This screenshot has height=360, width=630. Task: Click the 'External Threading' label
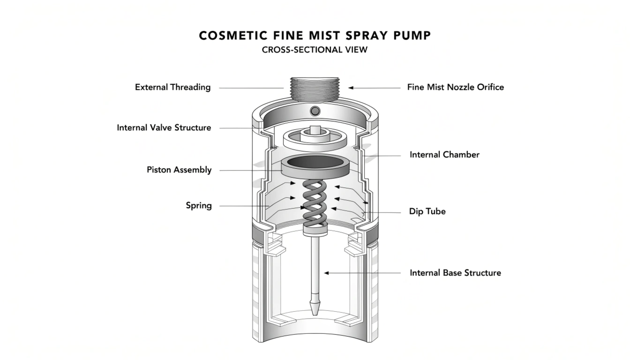[172, 87]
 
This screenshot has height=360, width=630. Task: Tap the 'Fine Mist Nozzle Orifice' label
[455, 87]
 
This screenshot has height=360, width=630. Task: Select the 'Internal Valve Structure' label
[164, 127]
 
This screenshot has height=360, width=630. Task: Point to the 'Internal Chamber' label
[444, 155]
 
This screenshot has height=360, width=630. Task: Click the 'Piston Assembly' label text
[179, 170]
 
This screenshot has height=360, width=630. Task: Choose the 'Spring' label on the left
[199, 205]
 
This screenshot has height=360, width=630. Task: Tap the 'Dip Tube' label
[427, 211]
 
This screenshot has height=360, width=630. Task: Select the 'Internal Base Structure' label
[455, 273]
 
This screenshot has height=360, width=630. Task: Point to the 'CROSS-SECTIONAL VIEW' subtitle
[315, 50]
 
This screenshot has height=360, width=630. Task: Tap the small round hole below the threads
[315, 111]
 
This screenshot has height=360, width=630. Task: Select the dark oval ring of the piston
[315, 162]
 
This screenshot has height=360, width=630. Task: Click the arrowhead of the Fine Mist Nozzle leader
[351, 88]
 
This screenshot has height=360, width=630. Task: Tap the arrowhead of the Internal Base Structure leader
[327, 273]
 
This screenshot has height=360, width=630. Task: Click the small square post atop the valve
[315, 129]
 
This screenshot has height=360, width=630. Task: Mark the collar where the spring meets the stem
[315, 229]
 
